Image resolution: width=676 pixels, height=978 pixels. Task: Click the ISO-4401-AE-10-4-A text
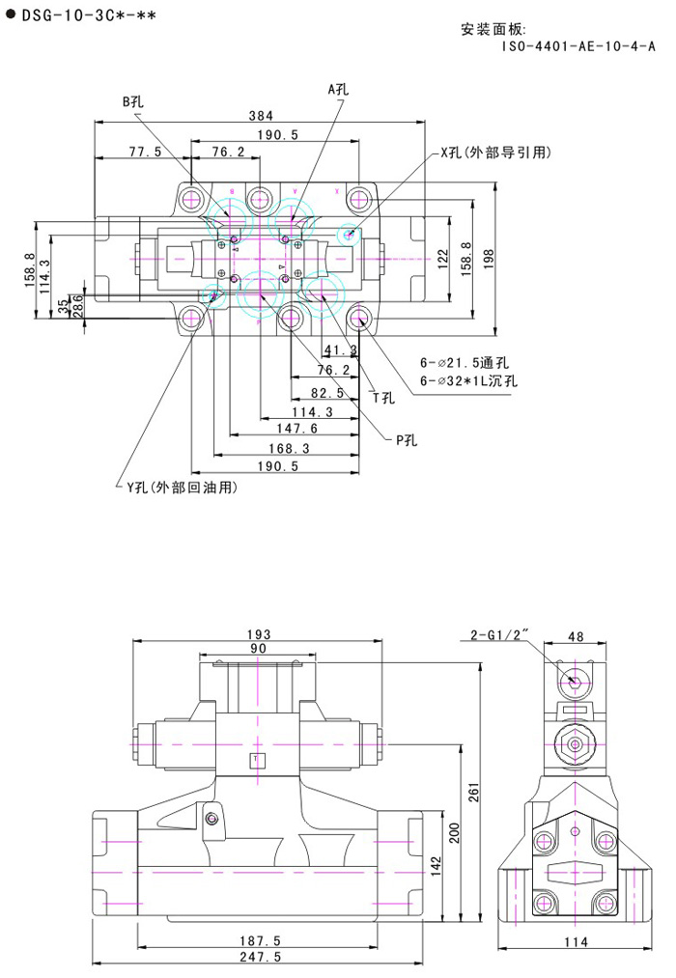[578, 45]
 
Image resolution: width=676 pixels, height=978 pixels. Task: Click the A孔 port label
[338, 88]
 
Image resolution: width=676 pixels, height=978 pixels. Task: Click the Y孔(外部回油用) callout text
[178, 488]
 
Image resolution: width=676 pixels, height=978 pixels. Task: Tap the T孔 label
[383, 397]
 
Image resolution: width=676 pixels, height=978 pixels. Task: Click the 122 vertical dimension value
[443, 258]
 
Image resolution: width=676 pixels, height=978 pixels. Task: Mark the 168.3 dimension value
[290, 448]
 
